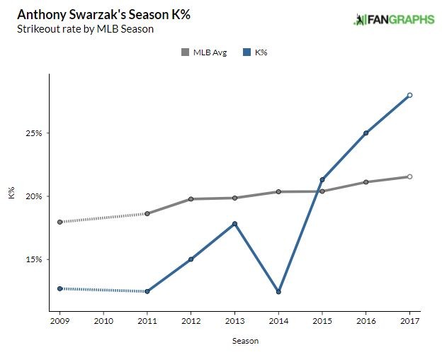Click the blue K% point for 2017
pyautogui.click(x=410, y=95)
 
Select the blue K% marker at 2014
pyautogui.click(x=278, y=292)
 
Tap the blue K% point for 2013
pyautogui.click(x=234, y=224)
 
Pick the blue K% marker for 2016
pyautogui.click(x=366, y=133)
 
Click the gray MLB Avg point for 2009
pyautogui.click(x=60, y=222)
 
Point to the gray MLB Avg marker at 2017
pyautogui.click(x=410, y=176)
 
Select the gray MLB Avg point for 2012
pyautogui.click(x=191, y=199)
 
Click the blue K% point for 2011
pyautogui.click(x=147, y=291)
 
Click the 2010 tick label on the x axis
pyautogui.click(x=103, y=321)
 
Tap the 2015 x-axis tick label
pyautogui.click(x=322, y=321)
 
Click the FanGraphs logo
pyautogui.click(x=394, y=19)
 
